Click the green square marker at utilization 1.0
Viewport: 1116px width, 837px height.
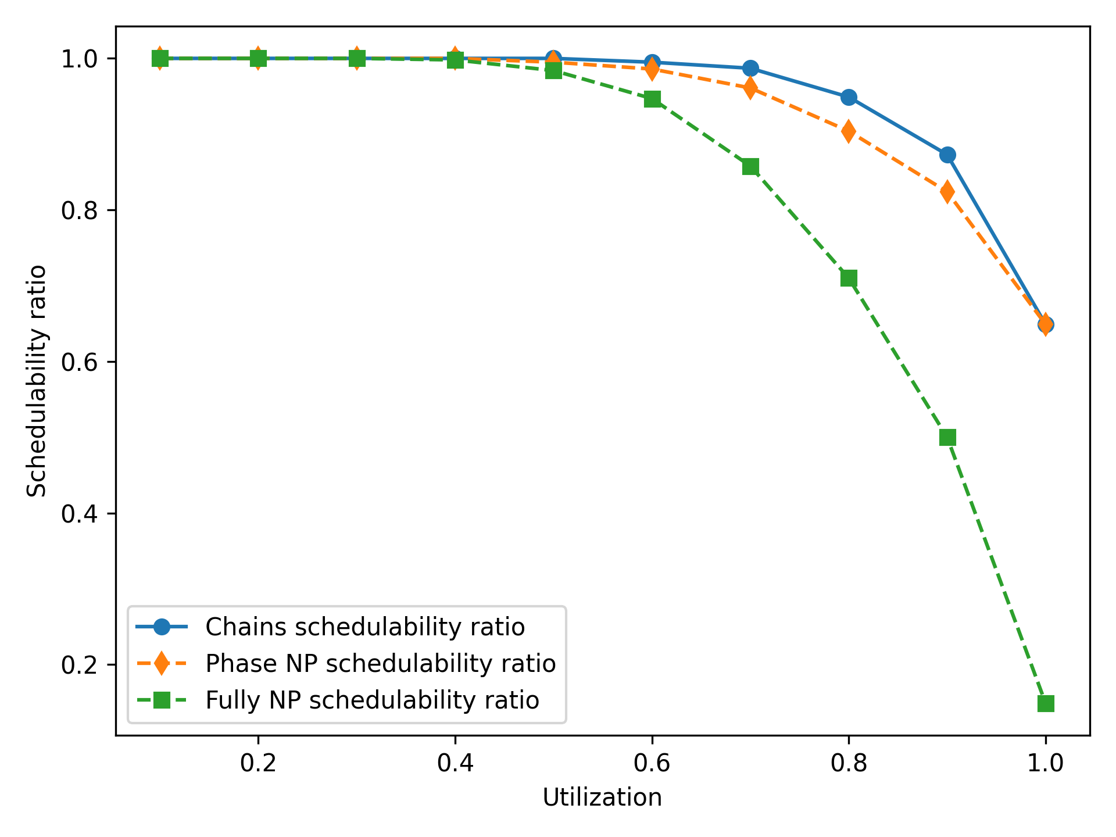coord(1046,703)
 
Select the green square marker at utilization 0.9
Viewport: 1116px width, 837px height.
coord(947,437)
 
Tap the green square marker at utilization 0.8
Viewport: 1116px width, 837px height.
coord(849,278)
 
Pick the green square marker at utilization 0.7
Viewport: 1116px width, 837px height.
coord(750,167)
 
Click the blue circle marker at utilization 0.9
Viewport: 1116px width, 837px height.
coord(947,155)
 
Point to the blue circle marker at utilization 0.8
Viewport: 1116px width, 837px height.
coord(849,97)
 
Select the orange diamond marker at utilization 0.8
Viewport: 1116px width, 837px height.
coord(849,131)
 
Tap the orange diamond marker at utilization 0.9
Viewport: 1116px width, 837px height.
coord(947,191)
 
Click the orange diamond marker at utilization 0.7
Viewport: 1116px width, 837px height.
coord(750,88)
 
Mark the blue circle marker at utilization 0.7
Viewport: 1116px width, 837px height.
coord(750,68)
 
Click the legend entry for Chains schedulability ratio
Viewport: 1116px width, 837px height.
coord(365,627)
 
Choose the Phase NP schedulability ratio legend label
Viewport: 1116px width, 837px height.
coord(381,663)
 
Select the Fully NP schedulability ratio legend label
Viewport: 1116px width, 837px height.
coord(372,700)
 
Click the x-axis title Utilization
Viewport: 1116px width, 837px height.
coord(602,797)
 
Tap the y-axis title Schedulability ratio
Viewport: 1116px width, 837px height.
coord(37,381)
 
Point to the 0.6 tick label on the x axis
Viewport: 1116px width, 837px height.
coord(652,763)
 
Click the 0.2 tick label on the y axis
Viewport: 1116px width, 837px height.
coord(79,665)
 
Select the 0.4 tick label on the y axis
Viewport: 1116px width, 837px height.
coord(79,514)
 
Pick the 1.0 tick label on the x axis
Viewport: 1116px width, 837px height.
coord(1045,763)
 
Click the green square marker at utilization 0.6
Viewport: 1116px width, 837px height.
coord(652,99)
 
